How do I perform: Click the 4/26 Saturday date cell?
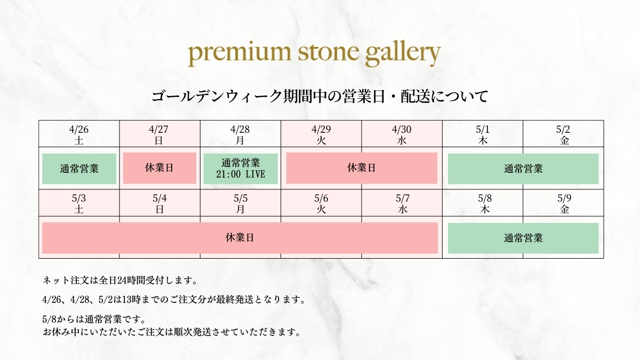click(x=79, y=134)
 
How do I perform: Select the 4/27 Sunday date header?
click(x=159, y=134)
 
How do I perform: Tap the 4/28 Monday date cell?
click(x=241, y=134)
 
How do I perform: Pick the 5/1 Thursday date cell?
click(x=483, y=134)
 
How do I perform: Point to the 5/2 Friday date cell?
click(x=563, y=134)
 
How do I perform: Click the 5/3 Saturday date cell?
click(x=79, y=203)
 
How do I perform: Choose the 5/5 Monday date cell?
click(x=241, y=203)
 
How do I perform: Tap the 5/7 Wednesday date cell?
click(x=402, y=203)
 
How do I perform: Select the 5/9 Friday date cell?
click(x=563, y=203)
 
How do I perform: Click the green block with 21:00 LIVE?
click(x=241, y=169)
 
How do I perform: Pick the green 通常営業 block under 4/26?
click(x=79, y=169)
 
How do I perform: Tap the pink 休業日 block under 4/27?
click(x=159, y=168)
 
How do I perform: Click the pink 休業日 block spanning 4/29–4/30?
click(x=362, y=168)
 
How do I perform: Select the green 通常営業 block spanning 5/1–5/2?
click(x=523, y=169)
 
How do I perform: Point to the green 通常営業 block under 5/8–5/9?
click(x=523, y=238)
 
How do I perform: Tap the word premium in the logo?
click(x=239, y=54)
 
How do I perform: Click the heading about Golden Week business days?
click(x=319, y=97)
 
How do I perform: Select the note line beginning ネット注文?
click(x=120, y=281)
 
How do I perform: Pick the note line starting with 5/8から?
click(x=94, y=318)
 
